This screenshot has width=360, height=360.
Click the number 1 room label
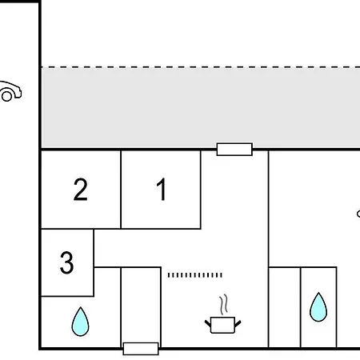pos(162,189)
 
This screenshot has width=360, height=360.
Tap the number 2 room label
pos(80,189)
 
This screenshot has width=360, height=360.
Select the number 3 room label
pos(66,262)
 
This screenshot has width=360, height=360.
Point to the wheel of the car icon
pos(6,96)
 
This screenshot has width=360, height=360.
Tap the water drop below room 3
pos(80,322)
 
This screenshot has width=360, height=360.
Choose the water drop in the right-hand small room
pos(318,307)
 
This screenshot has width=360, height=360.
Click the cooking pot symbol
pos(222,325)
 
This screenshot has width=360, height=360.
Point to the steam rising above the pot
pos(224,304)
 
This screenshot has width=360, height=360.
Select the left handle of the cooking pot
pos(208,324)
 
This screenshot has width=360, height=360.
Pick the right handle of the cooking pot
pos(238,324)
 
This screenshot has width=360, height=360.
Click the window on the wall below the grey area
pos(234,150)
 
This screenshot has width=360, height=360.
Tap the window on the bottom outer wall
pos(141,349)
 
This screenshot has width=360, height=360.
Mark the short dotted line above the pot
pos(194,275)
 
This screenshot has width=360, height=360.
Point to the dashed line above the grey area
pos(201,67)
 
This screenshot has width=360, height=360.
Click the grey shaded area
pos(201,108)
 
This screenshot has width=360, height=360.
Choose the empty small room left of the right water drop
pos(285,307)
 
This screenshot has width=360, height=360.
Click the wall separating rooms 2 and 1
pos(121,190)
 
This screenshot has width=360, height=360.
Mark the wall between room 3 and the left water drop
pos(67,296)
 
